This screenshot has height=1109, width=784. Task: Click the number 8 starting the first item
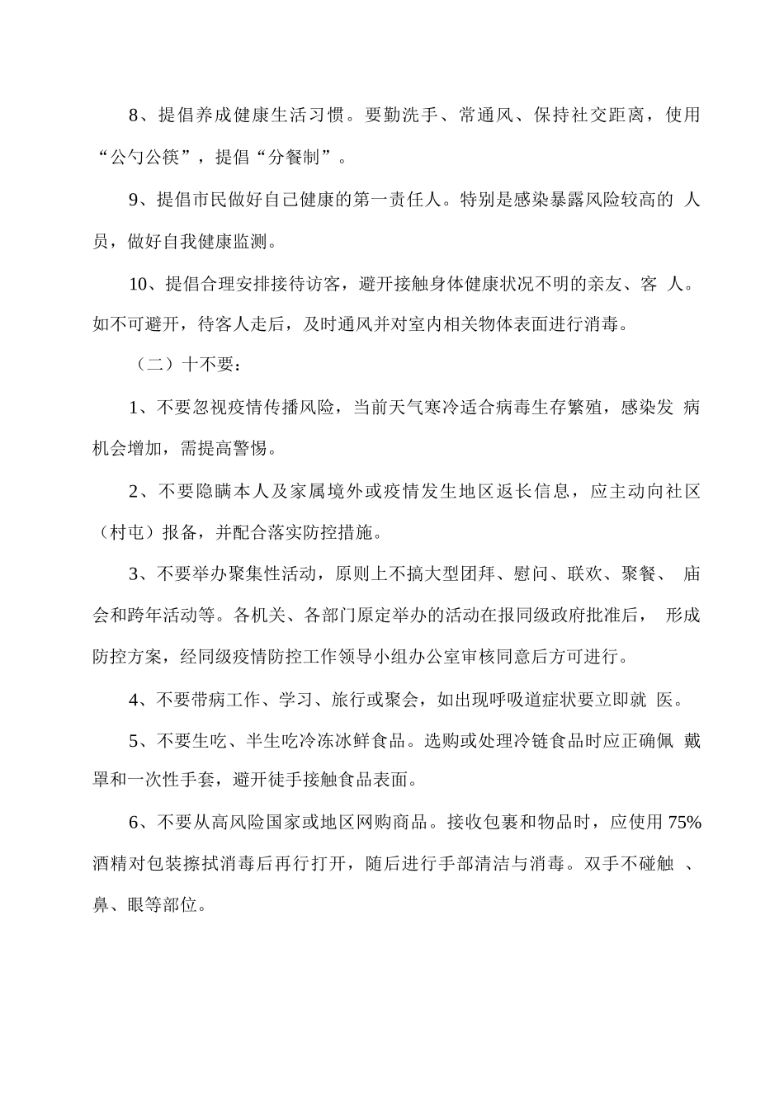click(x=135, y=115)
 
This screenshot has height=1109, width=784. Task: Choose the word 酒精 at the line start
click(x=110, y=864)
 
